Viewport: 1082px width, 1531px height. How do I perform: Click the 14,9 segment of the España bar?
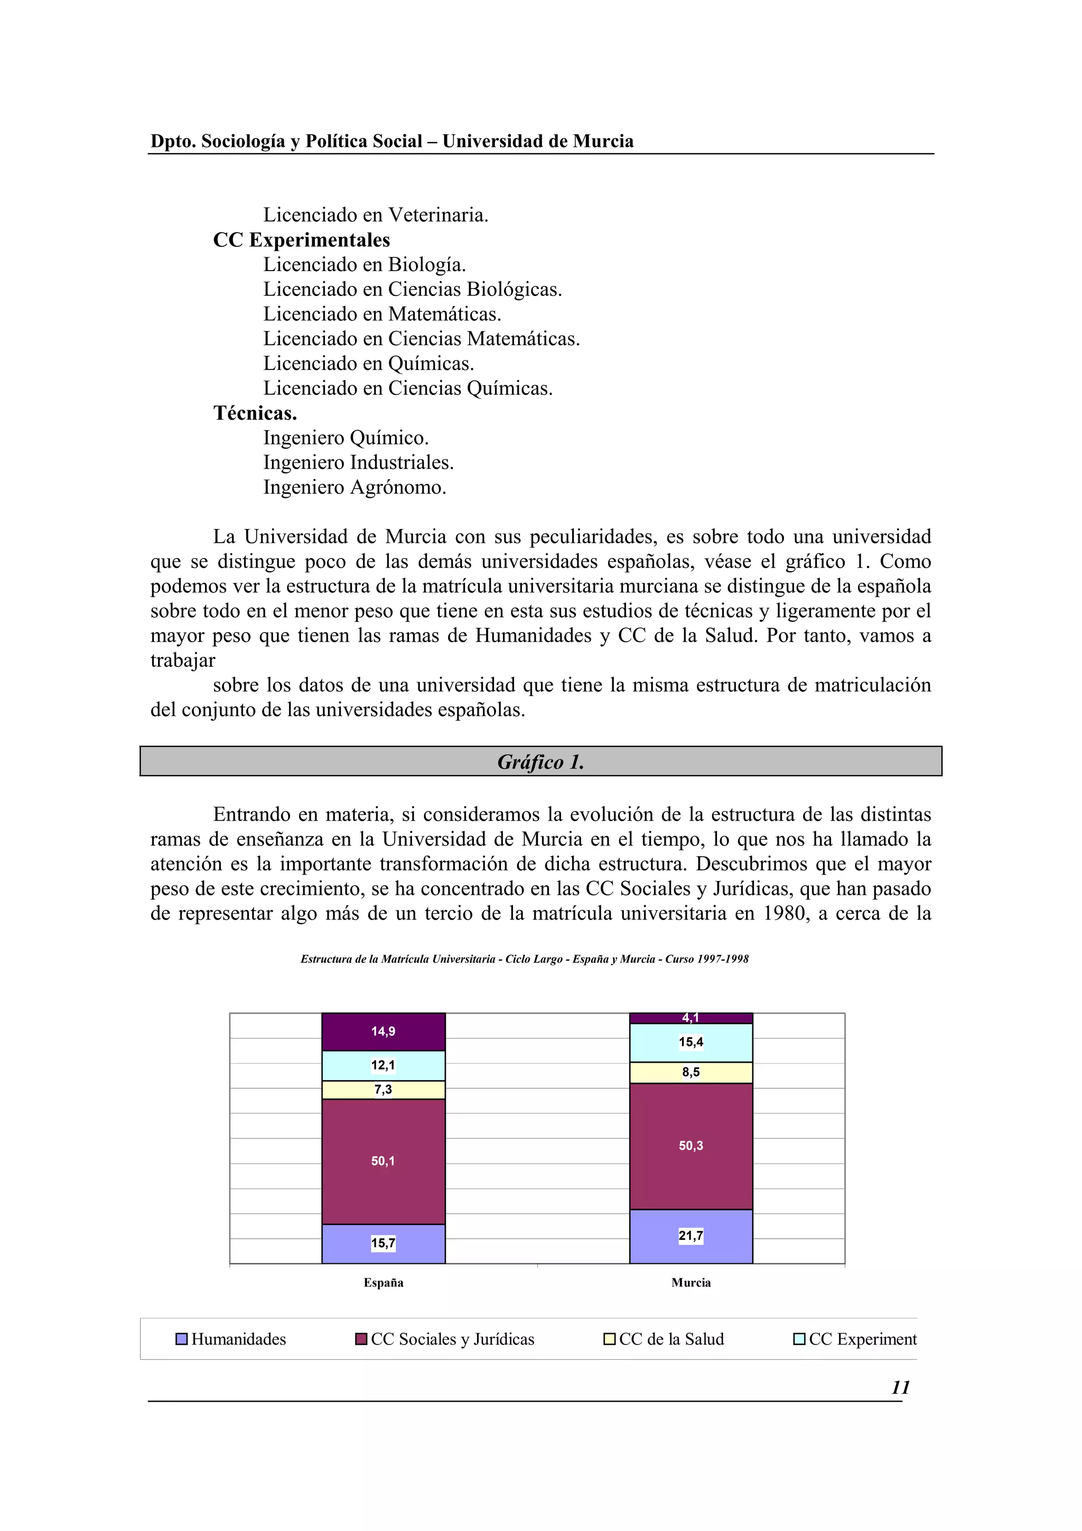384,1032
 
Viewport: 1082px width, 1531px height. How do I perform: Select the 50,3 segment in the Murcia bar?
691,1146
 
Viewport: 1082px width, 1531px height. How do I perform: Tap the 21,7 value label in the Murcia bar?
691,1236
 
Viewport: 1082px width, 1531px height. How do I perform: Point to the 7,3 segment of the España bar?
384,1090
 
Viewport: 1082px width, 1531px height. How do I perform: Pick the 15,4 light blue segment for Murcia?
691,1042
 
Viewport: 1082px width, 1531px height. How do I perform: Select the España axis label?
384,1282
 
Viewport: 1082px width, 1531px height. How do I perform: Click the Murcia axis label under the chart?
691,1282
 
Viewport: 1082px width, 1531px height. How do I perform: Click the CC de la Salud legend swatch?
609,1339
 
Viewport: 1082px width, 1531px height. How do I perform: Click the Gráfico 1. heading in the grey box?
540,762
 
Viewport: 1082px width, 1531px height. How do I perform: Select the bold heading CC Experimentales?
301,240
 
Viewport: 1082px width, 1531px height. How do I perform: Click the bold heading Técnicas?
255,413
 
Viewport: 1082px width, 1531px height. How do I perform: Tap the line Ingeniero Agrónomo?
355,487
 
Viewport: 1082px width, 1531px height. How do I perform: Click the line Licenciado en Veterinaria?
375,215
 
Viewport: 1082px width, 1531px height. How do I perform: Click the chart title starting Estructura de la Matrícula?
524,959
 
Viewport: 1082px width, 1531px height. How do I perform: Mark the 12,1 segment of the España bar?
384,1065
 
